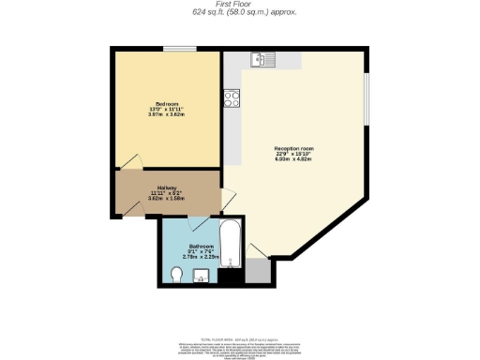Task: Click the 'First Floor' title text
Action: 239,5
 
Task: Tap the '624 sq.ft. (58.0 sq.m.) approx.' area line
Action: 239,13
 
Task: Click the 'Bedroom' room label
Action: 167,103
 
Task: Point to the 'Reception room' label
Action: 293,149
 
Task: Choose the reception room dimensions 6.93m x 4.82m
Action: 293,161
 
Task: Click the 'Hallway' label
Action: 167,187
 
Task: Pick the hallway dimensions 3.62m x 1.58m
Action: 167,199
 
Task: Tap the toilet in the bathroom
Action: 177,274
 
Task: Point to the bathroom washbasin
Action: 201,276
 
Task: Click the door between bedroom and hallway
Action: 131,164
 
